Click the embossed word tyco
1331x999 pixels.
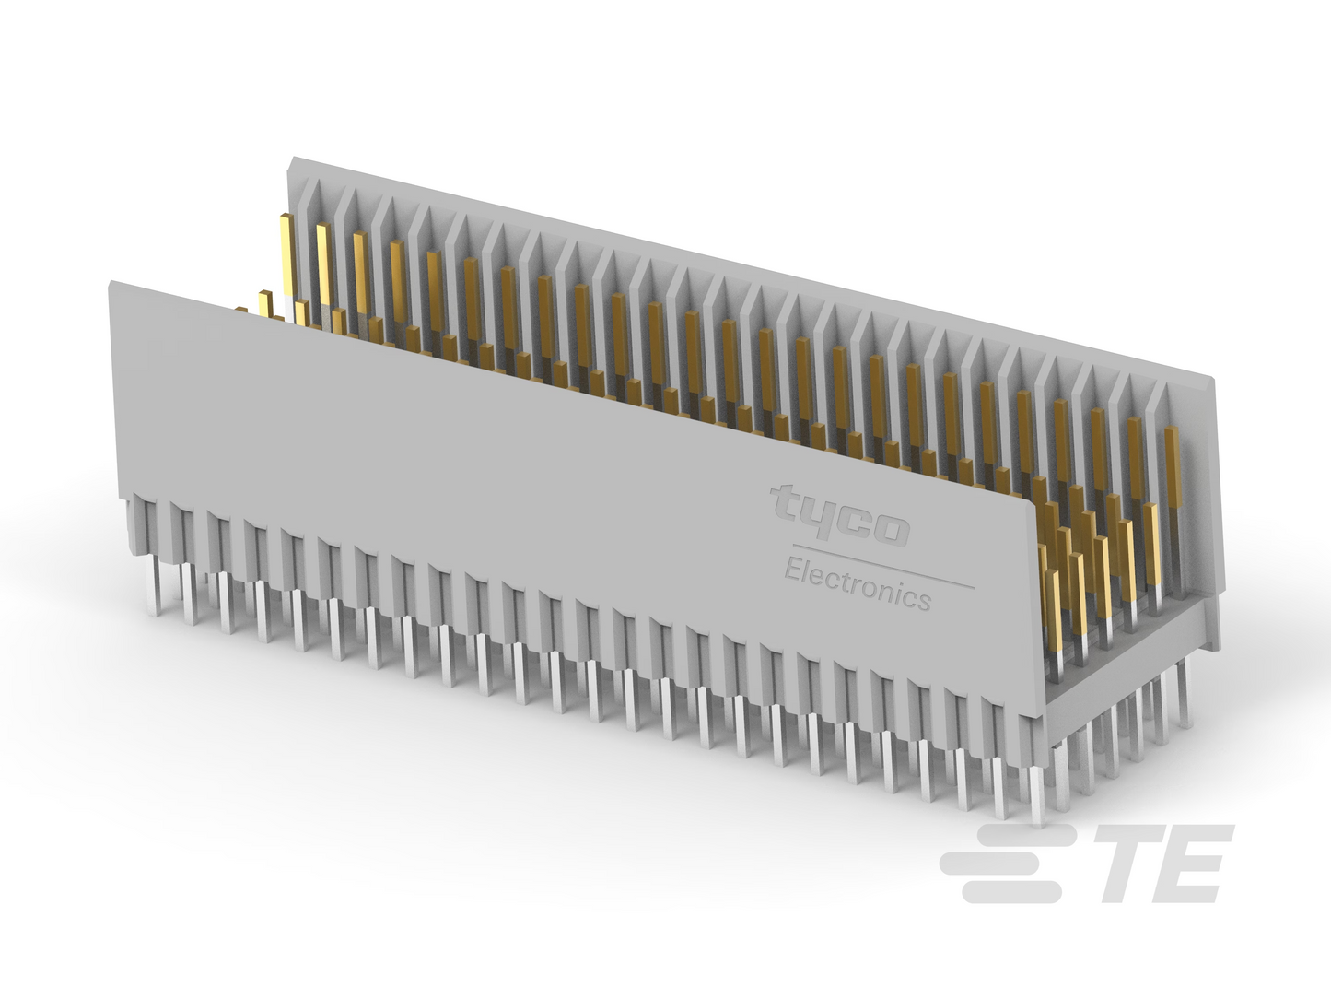840,516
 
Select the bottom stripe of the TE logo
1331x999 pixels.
1011,893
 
